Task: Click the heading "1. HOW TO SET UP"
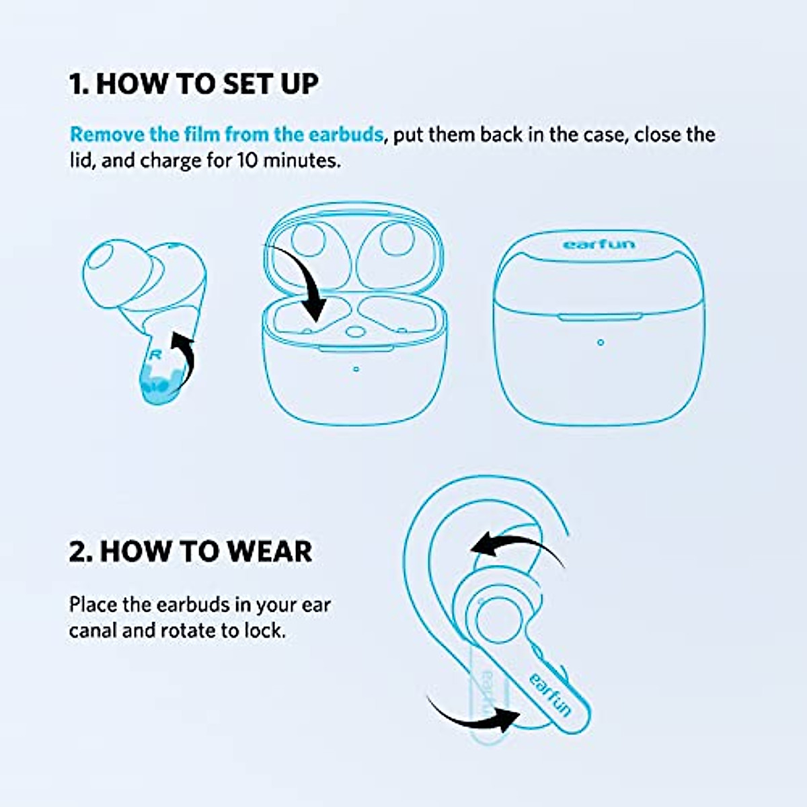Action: click(x=194, y=84)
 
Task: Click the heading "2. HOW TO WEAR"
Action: click(x=190, y=551)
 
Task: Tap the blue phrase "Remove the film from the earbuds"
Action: click(x=227, y=134)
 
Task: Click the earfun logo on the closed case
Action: click(x=599, y=243)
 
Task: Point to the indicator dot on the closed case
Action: click(x=601, y=342)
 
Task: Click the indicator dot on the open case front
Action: click(x=356, y=369)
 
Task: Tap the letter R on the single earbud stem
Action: click(x=155, y=354)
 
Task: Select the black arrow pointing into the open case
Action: click(x=303, y=282)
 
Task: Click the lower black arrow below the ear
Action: click(x=474, y=716)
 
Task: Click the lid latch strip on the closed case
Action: click(x=600, y=317)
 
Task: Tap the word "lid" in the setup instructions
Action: click(x=79, y=161)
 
